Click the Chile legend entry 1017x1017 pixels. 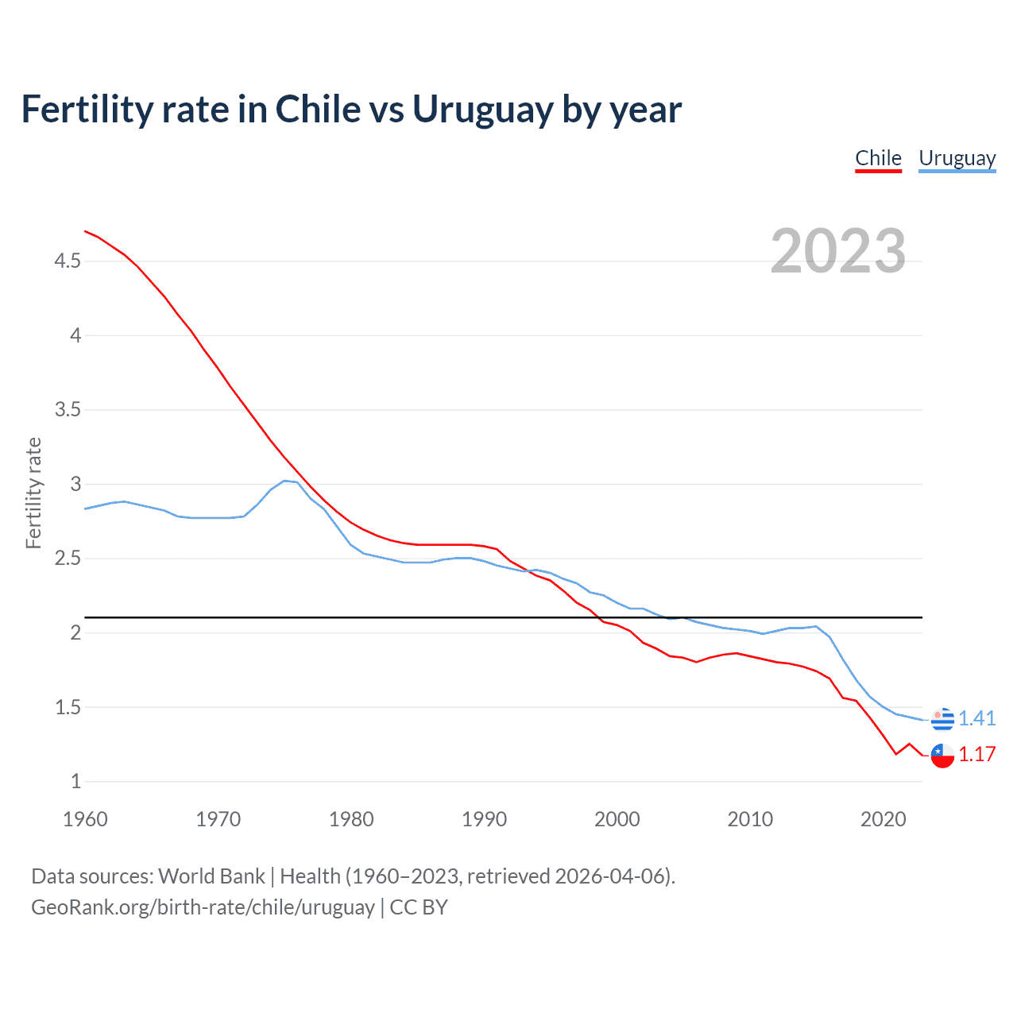[878, 158]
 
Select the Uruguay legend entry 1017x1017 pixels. [957, 158]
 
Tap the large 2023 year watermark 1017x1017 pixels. [838, 251]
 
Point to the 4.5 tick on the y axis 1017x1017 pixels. [68, 261]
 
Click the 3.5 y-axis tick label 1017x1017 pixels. [68, 409]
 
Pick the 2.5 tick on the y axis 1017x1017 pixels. [68, 558]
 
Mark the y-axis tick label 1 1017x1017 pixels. [76, 781]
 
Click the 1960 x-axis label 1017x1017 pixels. [85, 819]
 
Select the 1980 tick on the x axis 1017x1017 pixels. [351, 819]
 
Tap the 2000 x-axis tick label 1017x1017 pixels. [617, 819]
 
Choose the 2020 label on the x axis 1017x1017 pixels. [883, 819]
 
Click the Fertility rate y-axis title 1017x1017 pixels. [33, 493]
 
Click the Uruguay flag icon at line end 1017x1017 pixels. [942, 718]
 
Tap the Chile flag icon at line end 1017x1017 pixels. [942, 755]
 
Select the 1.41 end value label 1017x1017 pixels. [976, 718]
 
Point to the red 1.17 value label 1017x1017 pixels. [976, 755]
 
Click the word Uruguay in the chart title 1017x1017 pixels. [482, 110]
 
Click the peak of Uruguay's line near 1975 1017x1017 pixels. [284, 481]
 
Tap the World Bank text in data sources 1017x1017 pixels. [211, 876]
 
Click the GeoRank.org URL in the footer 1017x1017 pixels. [203, 907]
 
